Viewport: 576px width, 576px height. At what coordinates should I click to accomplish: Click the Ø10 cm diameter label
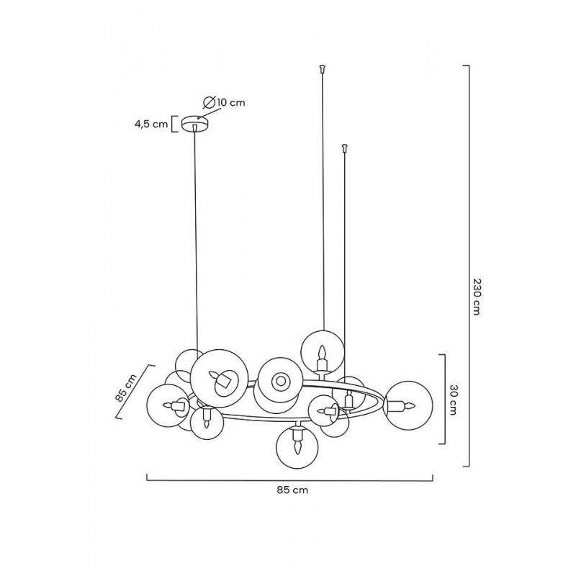[x=224, y=102]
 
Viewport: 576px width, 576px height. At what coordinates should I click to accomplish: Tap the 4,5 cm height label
[x=150, y=124]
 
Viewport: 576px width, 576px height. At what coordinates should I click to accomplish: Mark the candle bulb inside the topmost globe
[x=322, y=353]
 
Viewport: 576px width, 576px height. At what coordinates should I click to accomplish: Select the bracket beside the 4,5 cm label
[x=174, y=124]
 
